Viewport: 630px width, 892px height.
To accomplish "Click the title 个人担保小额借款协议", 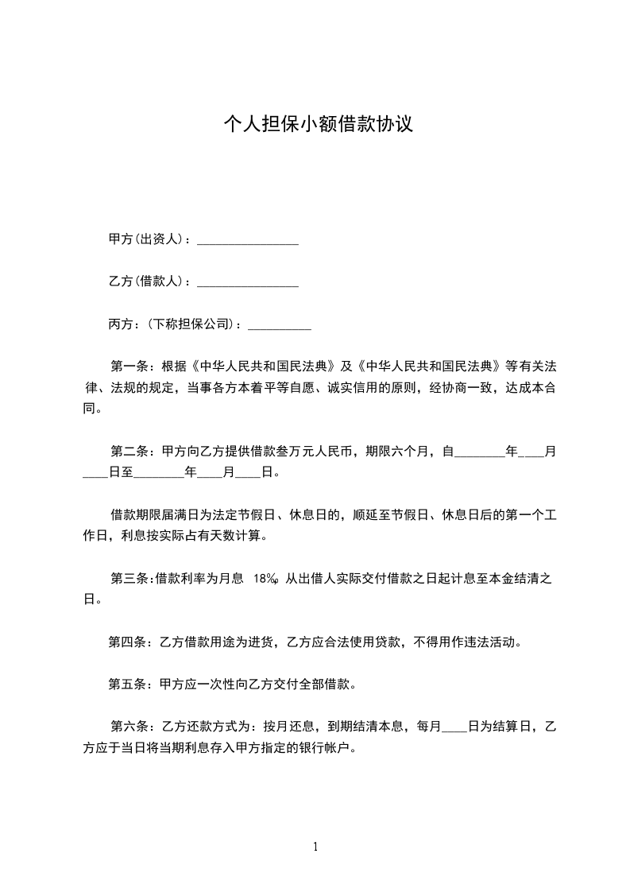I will click(x=318, y=124).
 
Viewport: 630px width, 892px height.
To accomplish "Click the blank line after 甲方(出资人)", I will click(x=247, y=240).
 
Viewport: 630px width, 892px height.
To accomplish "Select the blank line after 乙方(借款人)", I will click(x=247, y=282).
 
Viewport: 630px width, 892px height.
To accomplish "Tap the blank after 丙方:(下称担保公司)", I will click(x=279, y=324).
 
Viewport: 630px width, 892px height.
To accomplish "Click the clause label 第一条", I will click(x=128, y=367).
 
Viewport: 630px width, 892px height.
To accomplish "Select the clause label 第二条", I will click(x=128, y=452).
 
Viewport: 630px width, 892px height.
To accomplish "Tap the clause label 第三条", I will click(x=128, y=578).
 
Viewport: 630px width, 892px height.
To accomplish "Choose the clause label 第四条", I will click(x=126, y=642).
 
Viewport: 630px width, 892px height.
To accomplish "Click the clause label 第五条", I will click(x=126, y=684).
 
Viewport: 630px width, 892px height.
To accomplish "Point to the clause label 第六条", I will click(x=128, y=726).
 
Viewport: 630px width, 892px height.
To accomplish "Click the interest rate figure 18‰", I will click(x=266, y=579).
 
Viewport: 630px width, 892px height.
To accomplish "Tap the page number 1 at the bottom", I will click(x=315, y=847).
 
